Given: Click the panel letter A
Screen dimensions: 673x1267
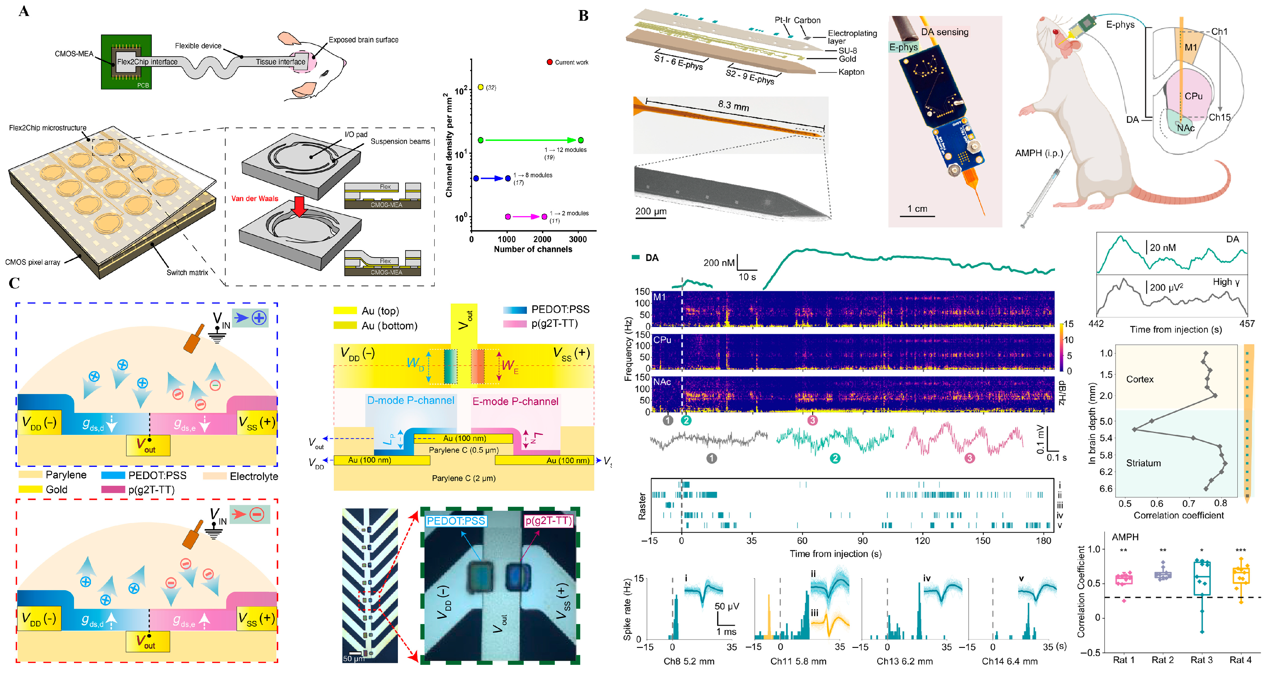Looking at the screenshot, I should (24, 11).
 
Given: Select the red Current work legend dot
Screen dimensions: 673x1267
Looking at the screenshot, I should (549, 62).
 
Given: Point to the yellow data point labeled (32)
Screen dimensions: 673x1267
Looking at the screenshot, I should (480, 87).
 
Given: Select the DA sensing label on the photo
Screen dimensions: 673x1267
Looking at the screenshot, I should (944, 32).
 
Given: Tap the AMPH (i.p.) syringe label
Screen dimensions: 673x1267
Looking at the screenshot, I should (1039, 153).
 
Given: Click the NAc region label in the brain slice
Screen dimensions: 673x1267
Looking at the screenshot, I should (1185, 128).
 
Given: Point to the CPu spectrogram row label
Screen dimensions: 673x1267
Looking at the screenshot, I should (662, 340).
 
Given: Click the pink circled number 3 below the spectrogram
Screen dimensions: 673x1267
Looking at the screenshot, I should (812, 420).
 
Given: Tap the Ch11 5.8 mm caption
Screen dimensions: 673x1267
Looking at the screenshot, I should (798, 661).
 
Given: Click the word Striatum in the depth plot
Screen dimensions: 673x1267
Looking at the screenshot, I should (1143, 463).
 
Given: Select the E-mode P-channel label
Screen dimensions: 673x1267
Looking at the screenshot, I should (515, 401).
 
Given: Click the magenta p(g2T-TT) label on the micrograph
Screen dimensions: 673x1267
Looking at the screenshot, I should (549, 521).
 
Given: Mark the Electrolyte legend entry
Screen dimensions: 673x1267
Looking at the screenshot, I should (254, 476).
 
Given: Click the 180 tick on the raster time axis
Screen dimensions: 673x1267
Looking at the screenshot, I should (1043, 540).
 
